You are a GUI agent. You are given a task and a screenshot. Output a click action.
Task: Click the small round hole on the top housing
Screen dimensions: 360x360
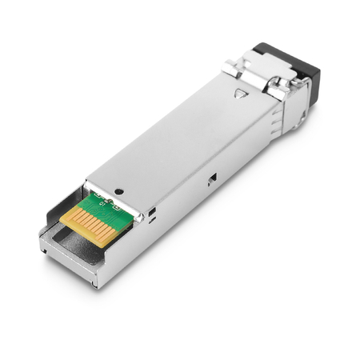click(x=119, y=192)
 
